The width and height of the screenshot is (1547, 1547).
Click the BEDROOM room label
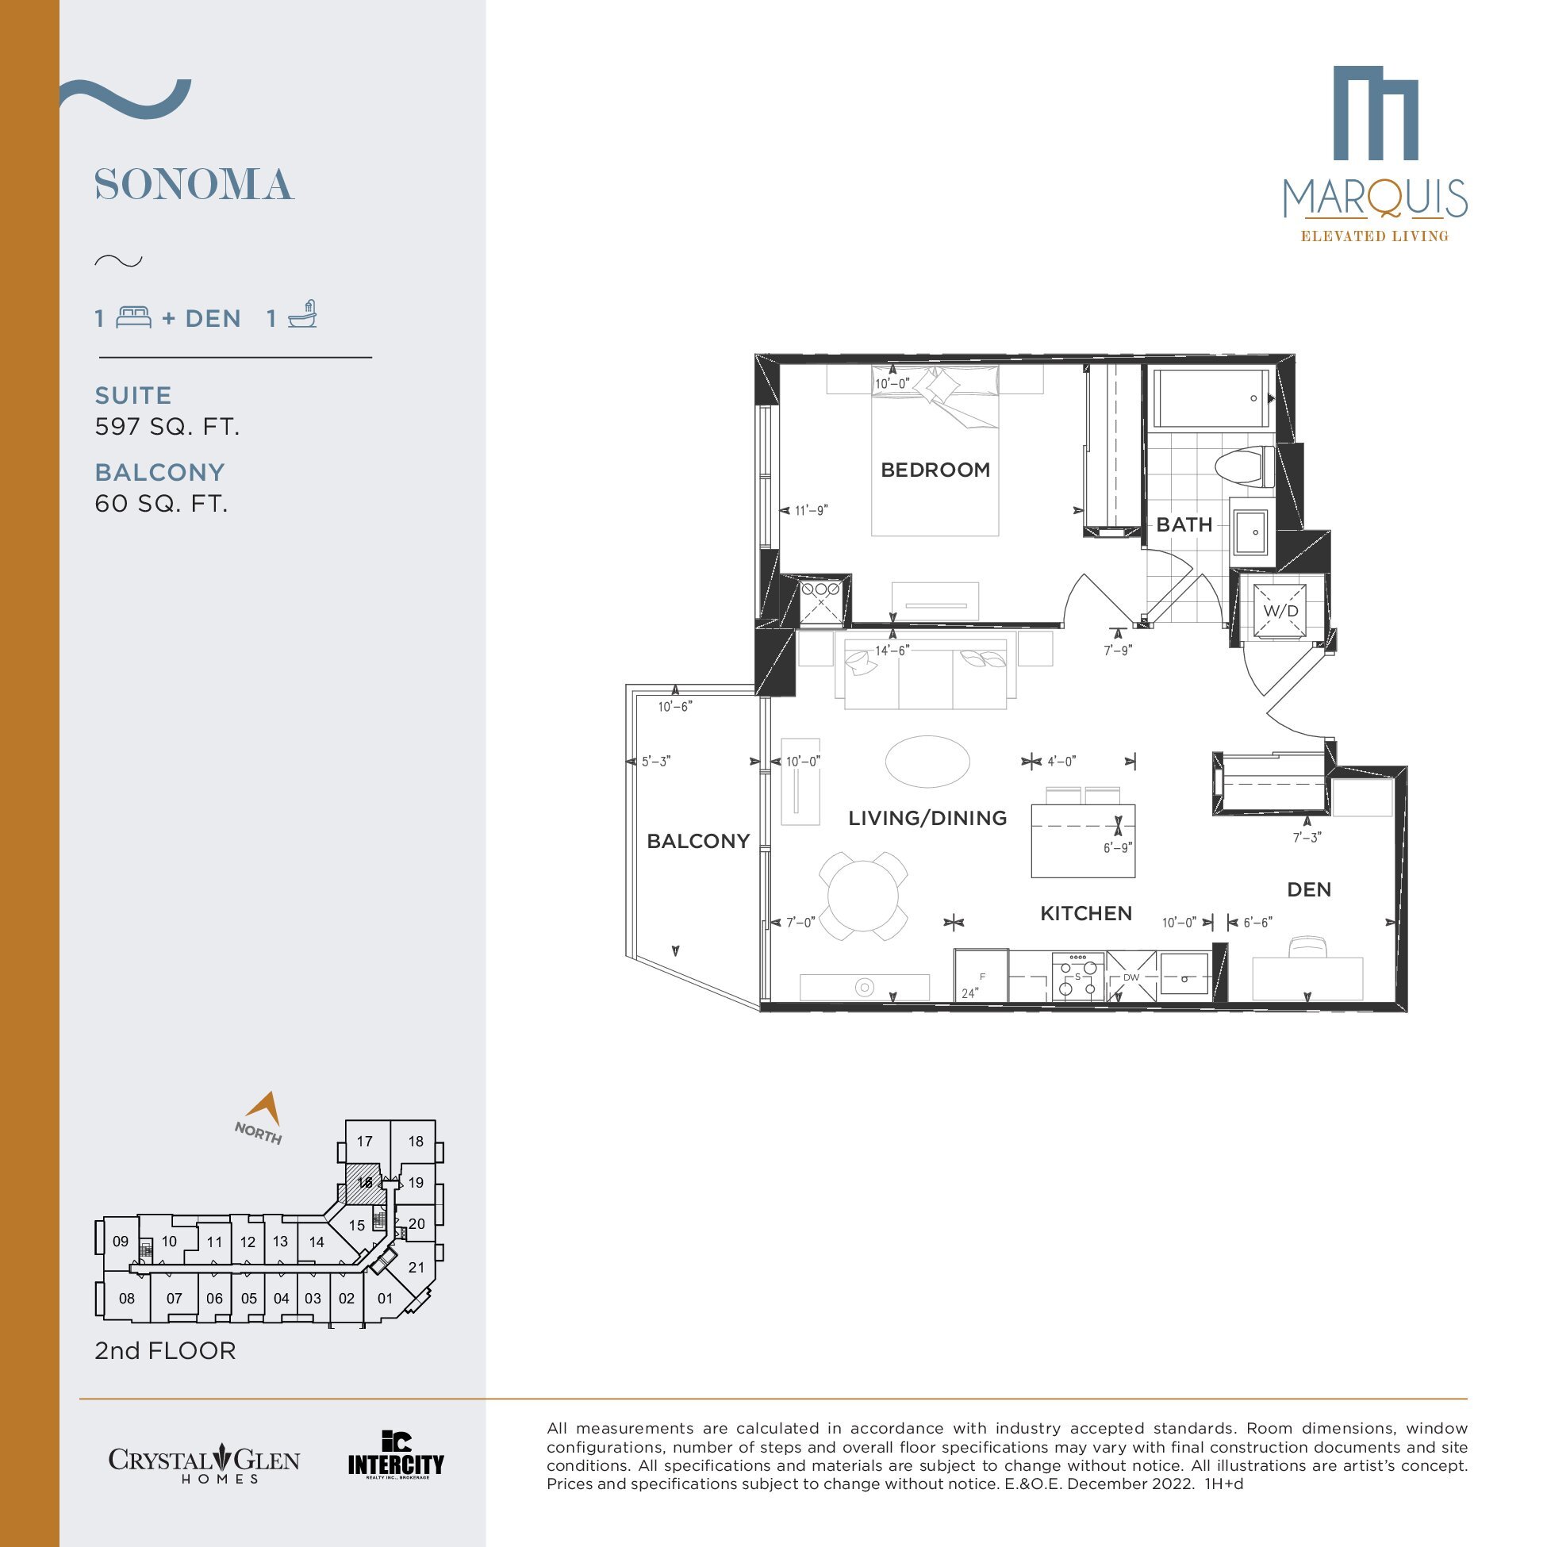point(935,470)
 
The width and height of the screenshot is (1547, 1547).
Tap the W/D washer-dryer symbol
point(1280,611)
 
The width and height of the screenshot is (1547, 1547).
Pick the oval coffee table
point(927,762)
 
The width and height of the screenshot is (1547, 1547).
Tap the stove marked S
point(1078,976)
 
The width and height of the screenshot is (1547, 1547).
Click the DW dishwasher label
point(1130,977)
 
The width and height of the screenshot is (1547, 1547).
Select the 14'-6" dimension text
point(892,651)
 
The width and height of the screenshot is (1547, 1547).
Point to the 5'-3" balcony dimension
point(656,762)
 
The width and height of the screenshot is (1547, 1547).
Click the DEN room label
point(1309,889)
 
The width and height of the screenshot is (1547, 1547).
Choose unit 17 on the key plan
point(365,1141)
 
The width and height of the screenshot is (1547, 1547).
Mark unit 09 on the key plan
point(120,1241)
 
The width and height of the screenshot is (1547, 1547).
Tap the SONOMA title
point(194,185)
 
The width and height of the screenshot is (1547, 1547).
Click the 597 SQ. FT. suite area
point(167,427)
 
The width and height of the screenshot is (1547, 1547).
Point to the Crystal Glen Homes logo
point(204,1464)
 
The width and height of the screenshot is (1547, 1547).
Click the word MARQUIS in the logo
point(1375,198)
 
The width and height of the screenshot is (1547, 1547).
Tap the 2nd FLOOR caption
point(165,1351)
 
